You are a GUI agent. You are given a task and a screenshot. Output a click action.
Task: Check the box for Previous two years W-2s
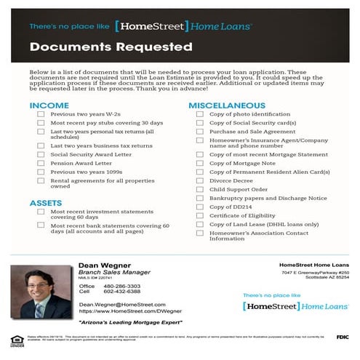point(40,115)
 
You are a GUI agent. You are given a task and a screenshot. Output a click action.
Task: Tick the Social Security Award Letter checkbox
point(40,154)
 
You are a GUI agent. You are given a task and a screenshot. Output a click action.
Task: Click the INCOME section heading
point(49,105)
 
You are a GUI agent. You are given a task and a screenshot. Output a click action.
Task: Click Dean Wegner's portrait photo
point(41,292)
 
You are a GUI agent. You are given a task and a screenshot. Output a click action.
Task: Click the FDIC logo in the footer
point(343,337)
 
